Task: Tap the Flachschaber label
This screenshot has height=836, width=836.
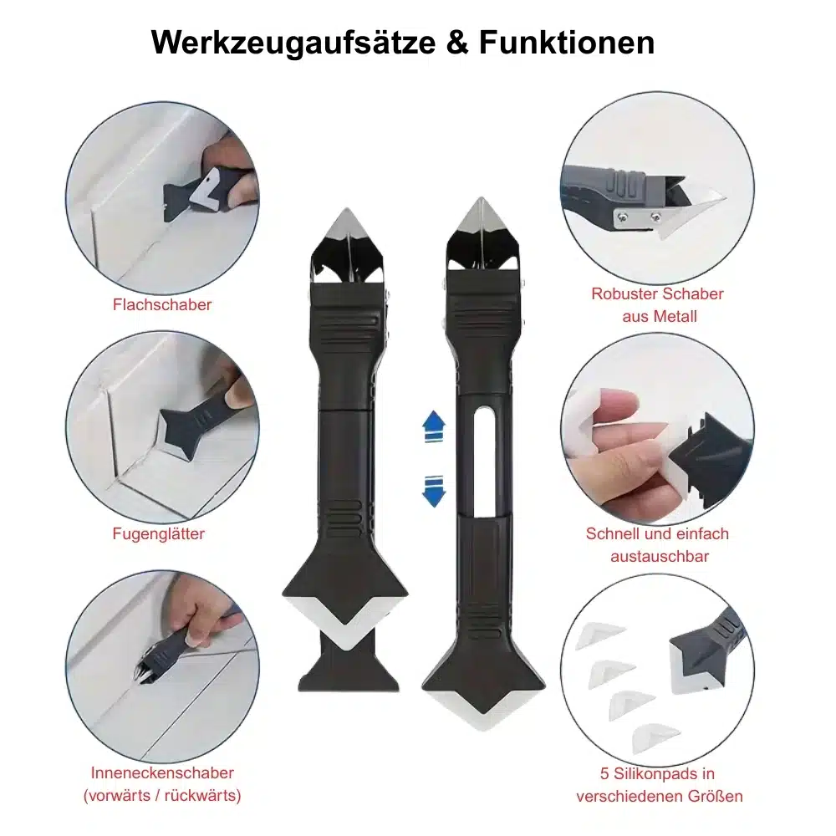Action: click(x=162, y=304)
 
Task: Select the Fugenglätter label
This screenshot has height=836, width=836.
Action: click(x=159, y=533)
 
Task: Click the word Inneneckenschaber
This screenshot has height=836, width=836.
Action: click(x=162, y=773)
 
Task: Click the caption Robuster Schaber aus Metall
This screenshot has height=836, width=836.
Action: click(x=657, y=305)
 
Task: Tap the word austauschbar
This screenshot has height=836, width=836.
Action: click(x=658, y=556)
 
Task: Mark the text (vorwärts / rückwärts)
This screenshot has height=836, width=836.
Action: click(x=162, y=795)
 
